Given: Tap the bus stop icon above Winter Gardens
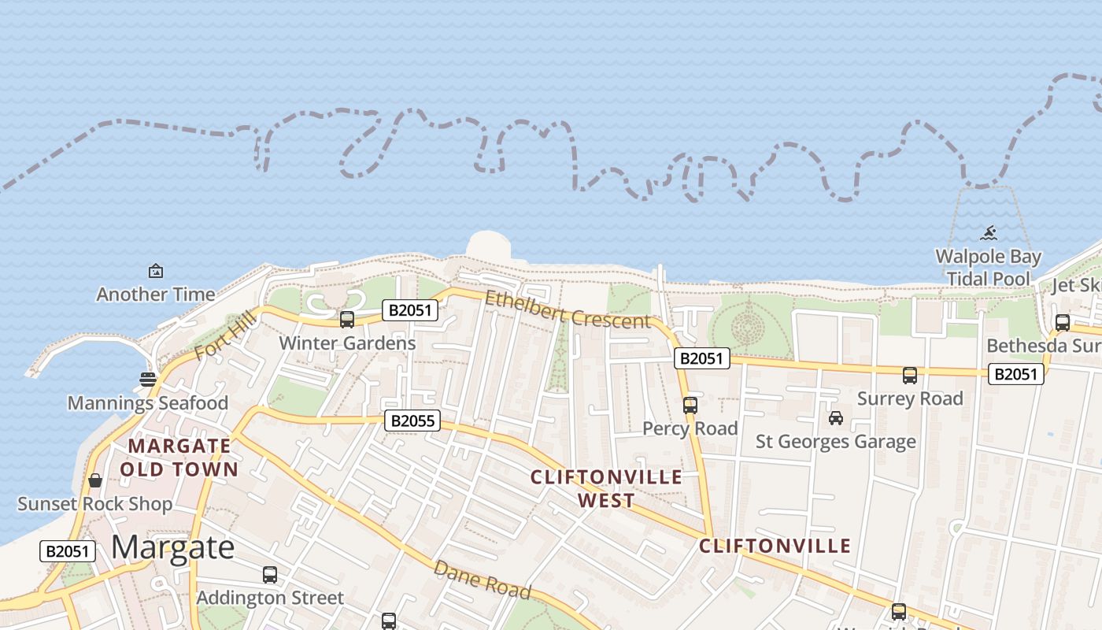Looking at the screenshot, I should point(346,320).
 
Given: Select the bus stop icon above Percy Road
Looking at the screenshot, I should point(690,406).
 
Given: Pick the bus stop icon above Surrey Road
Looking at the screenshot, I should point(910,376).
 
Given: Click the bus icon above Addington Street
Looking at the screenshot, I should point(270,575).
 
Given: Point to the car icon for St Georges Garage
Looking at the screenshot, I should point(836,418).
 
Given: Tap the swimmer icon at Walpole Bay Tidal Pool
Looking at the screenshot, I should point(989,233).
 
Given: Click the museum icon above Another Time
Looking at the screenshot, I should point(156,271).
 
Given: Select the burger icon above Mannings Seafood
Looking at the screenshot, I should point(147,380).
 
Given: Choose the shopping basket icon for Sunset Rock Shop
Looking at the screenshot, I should point(95,480).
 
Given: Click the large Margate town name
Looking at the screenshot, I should point(172,547).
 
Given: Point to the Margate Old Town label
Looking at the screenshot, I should point(183,458).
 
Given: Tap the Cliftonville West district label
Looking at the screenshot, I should point(606,488).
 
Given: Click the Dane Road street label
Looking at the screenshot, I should point(482,580).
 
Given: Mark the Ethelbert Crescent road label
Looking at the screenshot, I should point(568,310).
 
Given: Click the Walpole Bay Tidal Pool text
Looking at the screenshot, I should point(988,268).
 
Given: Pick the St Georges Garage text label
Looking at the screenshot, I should point(836,442).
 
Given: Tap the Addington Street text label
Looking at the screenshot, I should point(270,598).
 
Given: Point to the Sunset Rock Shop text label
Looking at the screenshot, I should point(95,504).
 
